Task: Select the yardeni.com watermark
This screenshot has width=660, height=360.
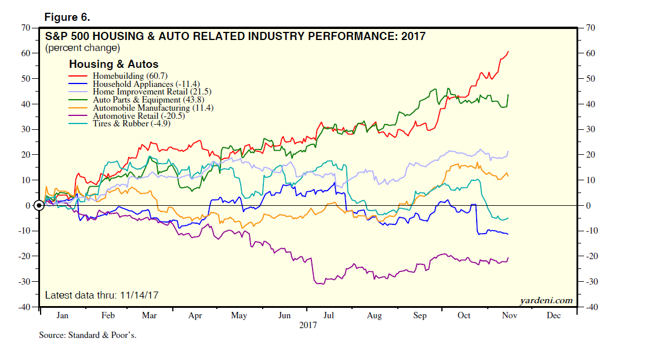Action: coord(546,300)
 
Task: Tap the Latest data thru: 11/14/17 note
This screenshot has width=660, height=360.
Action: coord(102,295)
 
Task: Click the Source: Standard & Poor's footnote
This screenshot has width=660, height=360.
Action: coord(88,335)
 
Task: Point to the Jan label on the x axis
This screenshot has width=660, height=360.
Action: coord(63,316)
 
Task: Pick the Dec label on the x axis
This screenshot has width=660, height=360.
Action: coord(553,316)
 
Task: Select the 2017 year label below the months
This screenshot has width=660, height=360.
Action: coord(308,326)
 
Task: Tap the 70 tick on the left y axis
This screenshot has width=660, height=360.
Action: coord(26,27)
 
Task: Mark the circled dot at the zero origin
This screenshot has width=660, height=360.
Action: coord(39,205)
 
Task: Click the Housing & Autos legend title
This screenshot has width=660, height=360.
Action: coord(114,64)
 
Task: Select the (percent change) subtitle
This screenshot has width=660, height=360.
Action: coord(83,48)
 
